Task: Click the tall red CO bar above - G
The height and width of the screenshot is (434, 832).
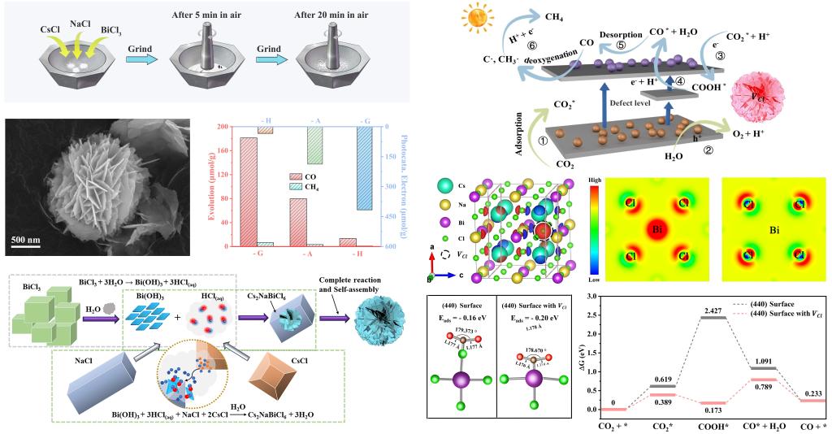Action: click(x=249, y=191)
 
